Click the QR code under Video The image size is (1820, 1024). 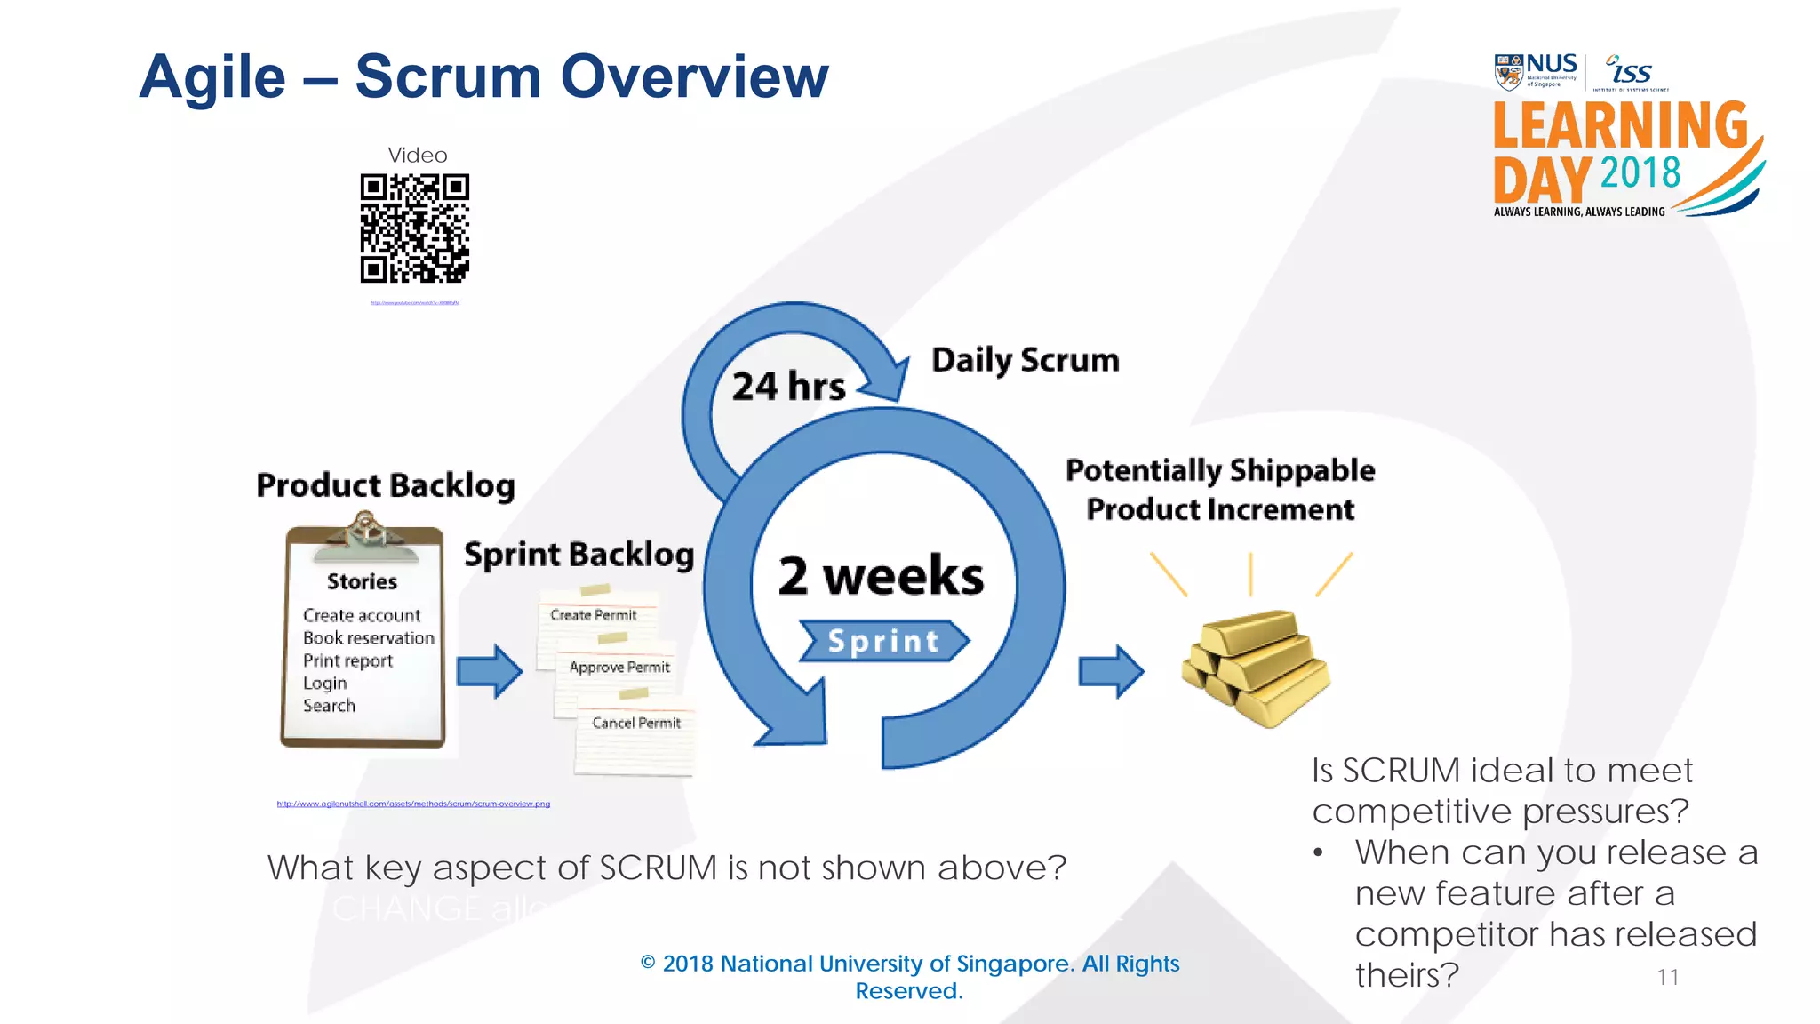414,228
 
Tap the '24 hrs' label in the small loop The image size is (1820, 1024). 788,387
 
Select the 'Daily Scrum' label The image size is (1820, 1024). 1025,360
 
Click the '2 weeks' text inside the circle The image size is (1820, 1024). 881,576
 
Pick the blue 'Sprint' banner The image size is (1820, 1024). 883,641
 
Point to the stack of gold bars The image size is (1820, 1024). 1255,667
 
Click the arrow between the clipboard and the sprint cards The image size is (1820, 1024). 489,671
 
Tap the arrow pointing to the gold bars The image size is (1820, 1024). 1111,671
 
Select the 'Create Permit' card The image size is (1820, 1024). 594,615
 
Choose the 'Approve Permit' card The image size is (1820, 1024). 619,668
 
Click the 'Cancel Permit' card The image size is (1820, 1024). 636,724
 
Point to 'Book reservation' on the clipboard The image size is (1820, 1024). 368,638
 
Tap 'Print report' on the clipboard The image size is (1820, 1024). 347,660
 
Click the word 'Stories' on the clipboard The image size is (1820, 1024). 362,581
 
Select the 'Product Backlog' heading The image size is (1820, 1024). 386,485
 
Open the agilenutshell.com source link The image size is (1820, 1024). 413,804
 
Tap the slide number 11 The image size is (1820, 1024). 1667,977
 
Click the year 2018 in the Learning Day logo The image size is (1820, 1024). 1640,172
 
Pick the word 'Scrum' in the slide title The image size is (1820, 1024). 448,76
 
